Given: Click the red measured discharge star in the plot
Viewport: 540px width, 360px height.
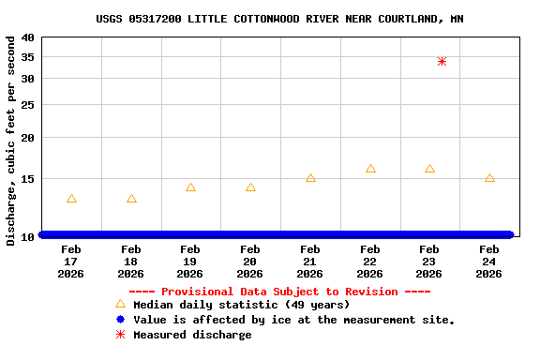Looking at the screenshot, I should (x=442, y=61).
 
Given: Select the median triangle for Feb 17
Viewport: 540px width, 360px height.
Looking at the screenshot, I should (x=71, y=199).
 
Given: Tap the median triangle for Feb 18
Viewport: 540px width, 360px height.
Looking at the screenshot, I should (x=131, y=199).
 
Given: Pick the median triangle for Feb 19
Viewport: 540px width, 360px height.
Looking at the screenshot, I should (x=190, y=187).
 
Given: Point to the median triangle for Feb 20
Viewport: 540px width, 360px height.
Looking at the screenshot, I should (x=250, y=187).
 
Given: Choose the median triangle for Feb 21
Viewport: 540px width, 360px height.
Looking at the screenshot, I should (x=310, y=178).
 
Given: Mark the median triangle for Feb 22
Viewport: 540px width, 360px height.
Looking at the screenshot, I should (x=370, y=169).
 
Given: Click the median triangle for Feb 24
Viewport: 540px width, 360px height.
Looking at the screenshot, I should (x=489, y=178).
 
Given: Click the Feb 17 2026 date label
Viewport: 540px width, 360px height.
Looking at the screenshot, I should (x=71, y=262).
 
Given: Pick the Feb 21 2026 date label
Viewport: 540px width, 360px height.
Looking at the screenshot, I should (x=310, y=262).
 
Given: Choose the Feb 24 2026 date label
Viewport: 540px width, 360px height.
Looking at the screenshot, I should (x=489, y=262).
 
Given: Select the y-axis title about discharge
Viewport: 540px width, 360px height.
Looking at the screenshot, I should (x=11, y=141).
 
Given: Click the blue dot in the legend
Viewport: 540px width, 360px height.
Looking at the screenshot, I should (x=120, y=320).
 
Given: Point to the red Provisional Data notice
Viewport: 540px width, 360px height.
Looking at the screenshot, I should (x=279, y=292).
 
